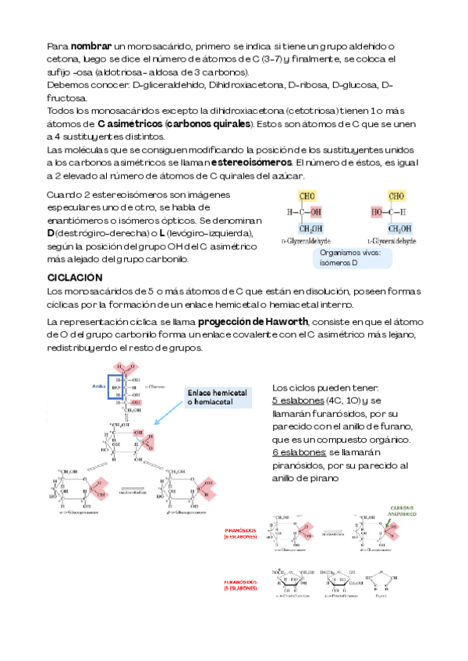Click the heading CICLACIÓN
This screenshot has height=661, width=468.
[x=75, y=277]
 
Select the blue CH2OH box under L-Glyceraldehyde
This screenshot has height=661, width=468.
[x=399, y=228]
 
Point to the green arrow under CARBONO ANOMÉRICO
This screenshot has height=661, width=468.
[x=395, y=526]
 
